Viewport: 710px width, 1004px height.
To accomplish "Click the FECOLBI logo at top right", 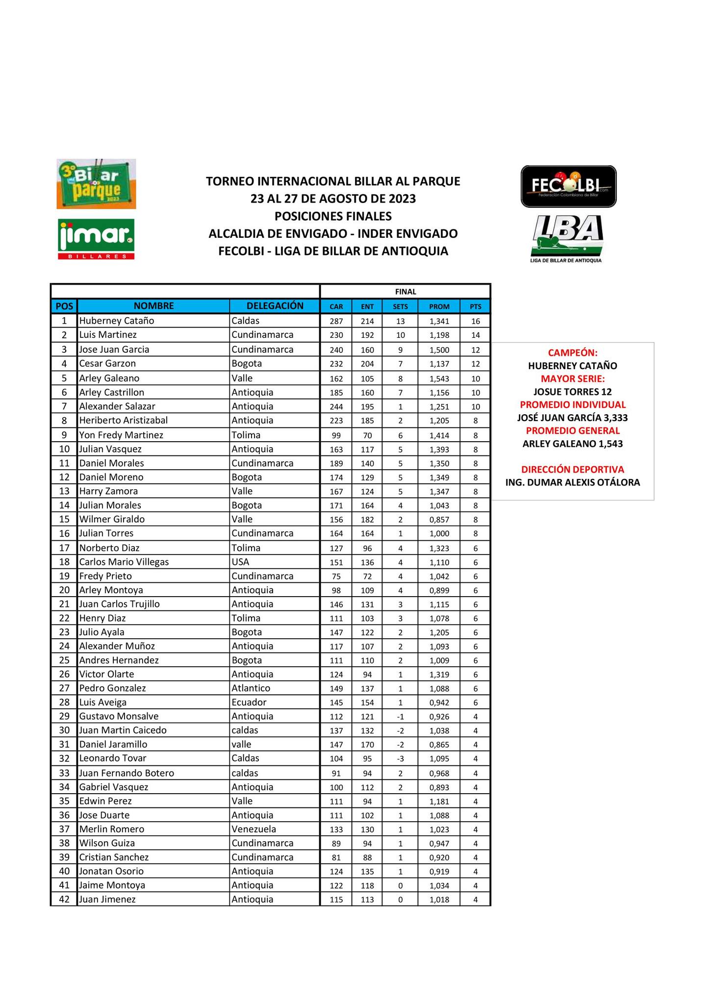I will pos(568,186).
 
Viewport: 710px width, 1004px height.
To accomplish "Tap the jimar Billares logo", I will pos(96,239).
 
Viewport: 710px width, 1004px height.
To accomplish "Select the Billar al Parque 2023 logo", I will pos(96,184).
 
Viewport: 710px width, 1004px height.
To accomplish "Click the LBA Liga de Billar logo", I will pos(568,238).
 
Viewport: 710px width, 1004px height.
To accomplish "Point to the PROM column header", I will pos(439,306).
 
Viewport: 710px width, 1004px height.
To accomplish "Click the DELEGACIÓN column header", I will pos(275,306).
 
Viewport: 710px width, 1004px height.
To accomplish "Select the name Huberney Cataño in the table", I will pos(117,321).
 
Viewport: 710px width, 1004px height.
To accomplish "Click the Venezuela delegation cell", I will pos(254,829).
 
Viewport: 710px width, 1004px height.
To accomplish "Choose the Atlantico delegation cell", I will pos(251,688).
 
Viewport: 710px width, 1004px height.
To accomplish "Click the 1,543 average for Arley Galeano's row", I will pos(439,378).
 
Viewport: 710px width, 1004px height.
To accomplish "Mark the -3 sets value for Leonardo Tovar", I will pos(400,758).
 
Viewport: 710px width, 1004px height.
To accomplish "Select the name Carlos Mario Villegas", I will pos(124,562).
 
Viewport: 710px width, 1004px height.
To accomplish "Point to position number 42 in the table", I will pos(64,899).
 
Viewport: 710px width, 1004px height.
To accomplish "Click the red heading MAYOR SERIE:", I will pos(572,379).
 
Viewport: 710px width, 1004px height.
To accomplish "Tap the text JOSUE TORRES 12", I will pos(572,392).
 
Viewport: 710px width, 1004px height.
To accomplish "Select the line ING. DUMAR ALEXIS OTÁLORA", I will pos(572,482).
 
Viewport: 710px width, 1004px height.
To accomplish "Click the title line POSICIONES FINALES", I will pos(333,216).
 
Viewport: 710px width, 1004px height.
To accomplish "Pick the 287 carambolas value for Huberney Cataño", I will pos(336,322).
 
